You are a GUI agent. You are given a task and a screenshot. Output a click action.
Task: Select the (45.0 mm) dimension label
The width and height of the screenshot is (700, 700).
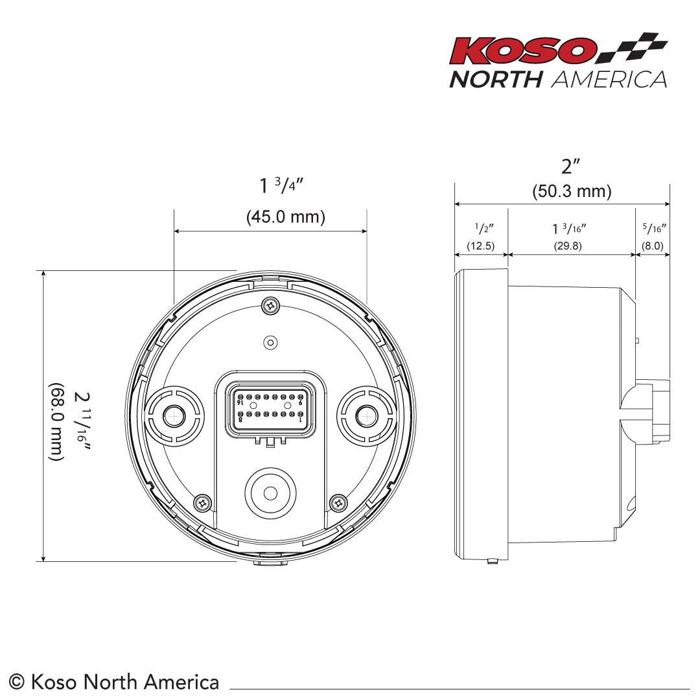[x=285, y=217]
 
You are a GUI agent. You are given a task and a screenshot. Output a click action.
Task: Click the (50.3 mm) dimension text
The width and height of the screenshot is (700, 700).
[x=572, y=192]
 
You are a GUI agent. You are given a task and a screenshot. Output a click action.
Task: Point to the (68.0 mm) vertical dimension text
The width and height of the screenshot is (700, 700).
[x=57, y=422]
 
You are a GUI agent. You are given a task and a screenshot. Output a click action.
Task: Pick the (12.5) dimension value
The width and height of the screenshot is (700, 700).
[x=481, y=246]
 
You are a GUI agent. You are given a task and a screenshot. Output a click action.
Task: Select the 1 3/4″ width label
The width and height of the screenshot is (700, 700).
[x=282, y=186]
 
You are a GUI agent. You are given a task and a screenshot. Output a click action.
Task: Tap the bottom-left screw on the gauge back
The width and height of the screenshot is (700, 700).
[x=203, y=501]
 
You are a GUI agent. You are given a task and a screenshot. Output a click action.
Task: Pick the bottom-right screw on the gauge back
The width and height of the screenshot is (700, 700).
[x=338, y=501]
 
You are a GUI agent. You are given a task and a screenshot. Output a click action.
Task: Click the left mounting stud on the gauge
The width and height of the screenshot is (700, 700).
[x=172, y=415]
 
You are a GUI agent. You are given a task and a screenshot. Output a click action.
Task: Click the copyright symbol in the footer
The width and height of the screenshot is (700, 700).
[x=17, y=682]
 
